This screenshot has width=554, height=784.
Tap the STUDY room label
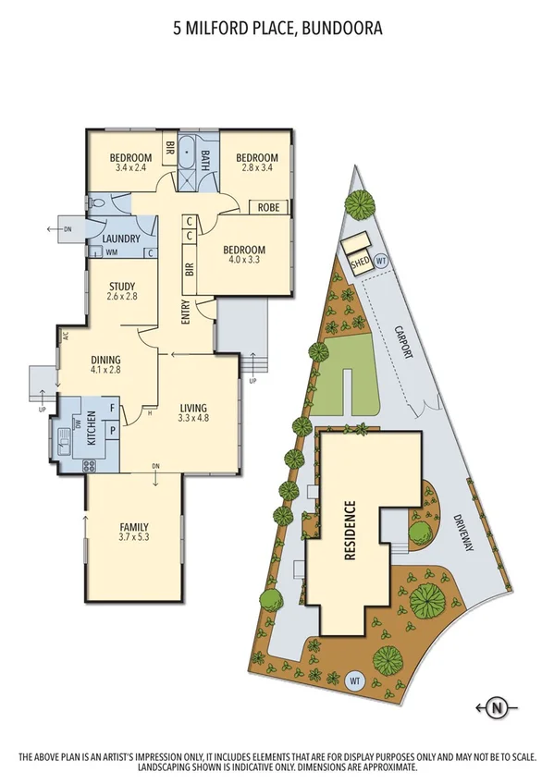coord(122,286)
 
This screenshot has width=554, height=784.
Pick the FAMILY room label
coord(134,525)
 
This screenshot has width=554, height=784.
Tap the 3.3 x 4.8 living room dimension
coord(192,418)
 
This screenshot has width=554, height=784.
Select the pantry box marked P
coord(113,432)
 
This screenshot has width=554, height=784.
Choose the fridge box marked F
coord(112,408)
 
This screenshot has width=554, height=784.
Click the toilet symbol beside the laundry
coord(97,203)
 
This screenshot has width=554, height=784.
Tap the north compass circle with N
coord(498,709)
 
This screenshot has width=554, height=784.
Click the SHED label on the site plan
coord(361,263)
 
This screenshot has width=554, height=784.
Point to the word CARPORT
coord(401,343)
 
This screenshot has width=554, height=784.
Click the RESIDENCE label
coord(351,532)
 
